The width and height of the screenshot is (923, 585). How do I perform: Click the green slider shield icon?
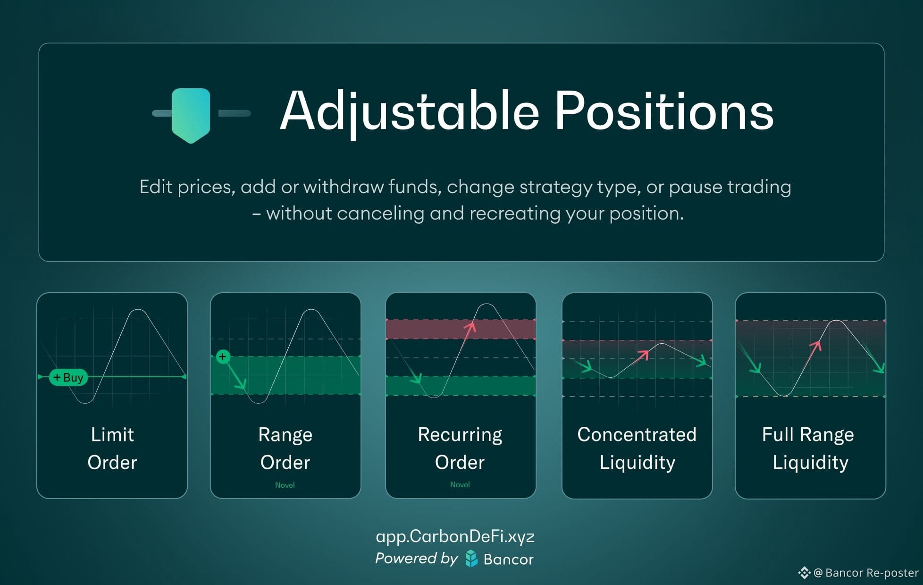point(191,115)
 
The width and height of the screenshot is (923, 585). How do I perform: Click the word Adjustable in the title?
point(410,111)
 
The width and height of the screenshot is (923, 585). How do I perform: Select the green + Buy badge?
point(68,377)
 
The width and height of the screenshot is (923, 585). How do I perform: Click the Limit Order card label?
point(112,448)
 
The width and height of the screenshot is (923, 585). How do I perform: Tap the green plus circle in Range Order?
point(223,356)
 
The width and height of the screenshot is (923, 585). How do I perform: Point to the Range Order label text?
point(285,448)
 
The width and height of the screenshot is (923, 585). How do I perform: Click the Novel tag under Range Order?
point(285,485)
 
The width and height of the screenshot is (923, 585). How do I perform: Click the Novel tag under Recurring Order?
point(460,484)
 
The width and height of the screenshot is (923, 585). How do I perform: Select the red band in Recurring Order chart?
point(461,329)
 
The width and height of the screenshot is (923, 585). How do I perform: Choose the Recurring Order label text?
point(460,448)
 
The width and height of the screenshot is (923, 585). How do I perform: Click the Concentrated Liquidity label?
point(637,448)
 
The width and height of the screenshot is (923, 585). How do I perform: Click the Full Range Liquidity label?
point(810,448)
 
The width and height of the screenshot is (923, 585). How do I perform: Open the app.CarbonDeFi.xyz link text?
point(455,536)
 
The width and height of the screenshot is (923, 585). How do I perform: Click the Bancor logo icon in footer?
point(471,559)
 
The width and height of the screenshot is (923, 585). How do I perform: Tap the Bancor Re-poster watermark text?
point(866,573)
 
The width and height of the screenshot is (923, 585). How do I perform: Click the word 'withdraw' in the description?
point(344,187)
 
